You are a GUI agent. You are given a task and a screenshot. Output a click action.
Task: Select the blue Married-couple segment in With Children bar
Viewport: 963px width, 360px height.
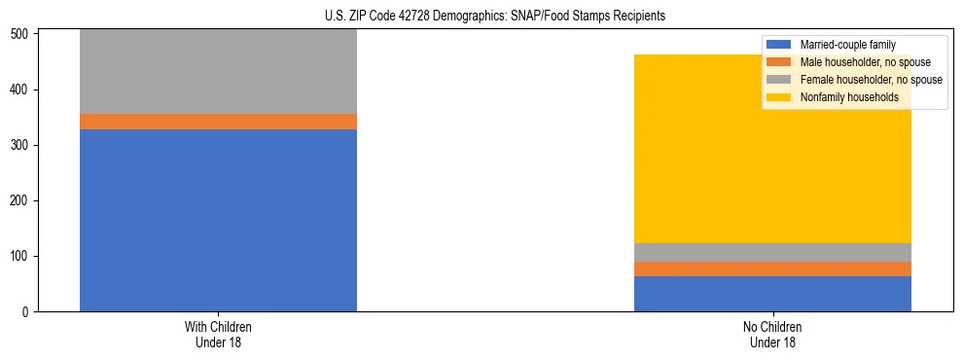click(218, 220)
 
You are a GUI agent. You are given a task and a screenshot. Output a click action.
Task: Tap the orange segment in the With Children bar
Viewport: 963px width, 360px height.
click(218, 122)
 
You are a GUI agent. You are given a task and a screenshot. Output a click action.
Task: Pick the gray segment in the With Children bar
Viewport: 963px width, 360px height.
click(218, 72)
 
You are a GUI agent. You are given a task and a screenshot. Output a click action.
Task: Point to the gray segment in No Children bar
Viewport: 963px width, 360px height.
click(772, 252)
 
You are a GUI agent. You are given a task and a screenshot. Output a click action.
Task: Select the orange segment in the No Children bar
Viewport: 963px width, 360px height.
click(772, 269)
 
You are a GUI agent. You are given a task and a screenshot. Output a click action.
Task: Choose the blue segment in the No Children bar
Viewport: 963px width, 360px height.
click(772, 294)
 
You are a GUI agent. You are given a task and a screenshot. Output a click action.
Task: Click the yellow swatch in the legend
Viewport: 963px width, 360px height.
click(779, 97)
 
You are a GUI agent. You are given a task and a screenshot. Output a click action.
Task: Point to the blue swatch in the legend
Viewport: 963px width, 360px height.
click(779, 45)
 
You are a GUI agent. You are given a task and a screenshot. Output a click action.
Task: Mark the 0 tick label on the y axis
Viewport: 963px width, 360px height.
click(27, 312)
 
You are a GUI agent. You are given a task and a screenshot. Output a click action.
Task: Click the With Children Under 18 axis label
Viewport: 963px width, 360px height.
click(218, 334)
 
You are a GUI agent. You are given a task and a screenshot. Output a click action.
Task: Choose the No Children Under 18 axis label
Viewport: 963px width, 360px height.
click(772, 334)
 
